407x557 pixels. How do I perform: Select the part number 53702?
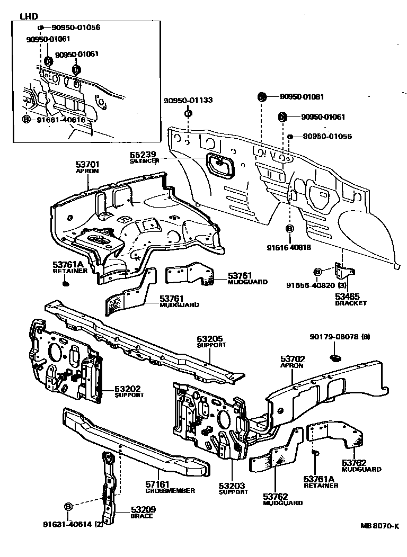pyautogui.click(x=292, y=358)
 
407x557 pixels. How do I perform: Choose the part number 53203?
pyautogui.click(x=233, y=485)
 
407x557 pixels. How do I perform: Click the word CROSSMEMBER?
pyautogui.click(x=170, y=491)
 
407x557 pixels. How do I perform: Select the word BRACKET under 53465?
pyautogui.click(x=351, y=303)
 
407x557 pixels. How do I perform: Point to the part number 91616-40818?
pyautogui.click(x=290, y=247)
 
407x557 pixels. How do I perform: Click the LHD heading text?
pyautogui.click(x=29, y=16)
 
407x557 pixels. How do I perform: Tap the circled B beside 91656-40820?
pyautogui.click(x=317, y=272)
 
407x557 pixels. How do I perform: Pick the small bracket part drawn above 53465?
pyautogui.click(x=342, y=271)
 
